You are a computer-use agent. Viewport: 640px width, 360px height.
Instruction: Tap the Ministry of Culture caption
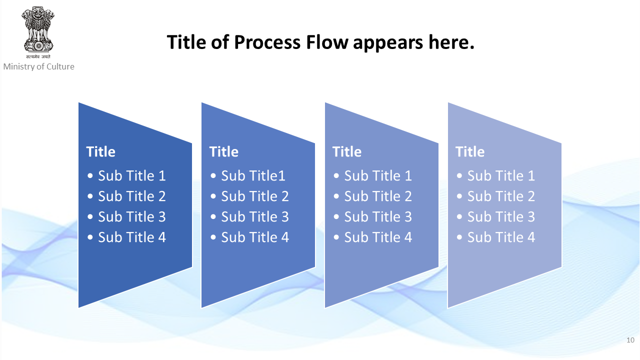[39, 66]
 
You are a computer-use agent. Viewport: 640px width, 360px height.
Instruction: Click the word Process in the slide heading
[267, 42]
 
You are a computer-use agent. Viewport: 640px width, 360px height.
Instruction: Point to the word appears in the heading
[388, 43]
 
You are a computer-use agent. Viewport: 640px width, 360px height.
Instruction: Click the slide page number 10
[630, 340]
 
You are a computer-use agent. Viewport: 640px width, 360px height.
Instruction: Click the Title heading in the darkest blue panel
[101, 151]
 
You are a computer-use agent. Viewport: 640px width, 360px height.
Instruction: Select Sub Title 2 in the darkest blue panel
[131, 196]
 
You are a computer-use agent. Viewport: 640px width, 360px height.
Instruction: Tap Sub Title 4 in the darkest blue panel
[131, 237]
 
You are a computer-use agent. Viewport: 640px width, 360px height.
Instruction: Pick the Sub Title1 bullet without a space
[253, 175]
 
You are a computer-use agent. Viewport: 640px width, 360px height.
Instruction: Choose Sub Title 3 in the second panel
[255, 217]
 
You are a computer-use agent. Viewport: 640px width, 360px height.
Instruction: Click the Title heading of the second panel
[224, 151]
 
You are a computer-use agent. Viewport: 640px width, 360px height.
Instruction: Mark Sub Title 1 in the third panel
[378, 175]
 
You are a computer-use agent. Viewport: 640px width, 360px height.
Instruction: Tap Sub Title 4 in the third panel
[378, 237]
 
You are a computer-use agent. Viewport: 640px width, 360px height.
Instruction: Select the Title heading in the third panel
[347, 151]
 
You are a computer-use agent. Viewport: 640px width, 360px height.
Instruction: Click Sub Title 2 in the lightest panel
[501, 196]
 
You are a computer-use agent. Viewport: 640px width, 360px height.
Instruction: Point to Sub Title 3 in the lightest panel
[501, 217]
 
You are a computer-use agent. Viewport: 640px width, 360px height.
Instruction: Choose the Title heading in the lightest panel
[470, 151]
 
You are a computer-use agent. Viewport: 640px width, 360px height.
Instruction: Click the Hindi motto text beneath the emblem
[38, 56]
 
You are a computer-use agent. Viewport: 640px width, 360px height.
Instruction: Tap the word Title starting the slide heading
[186, 42]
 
